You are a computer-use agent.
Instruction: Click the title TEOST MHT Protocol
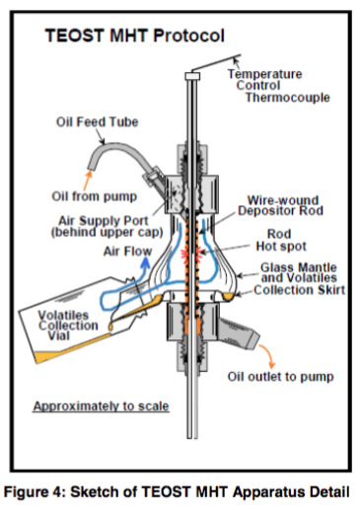(x=134, y=36)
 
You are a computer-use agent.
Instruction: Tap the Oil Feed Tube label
(x=97, y=122)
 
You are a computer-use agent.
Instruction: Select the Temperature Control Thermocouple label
(x=278, y=86)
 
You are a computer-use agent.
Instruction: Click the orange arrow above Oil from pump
(x=88, y=181)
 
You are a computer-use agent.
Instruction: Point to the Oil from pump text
(x=94, y=196)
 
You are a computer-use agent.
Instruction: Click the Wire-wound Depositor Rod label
(x=280, y=205)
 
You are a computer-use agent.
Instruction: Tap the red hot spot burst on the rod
(x=191, y=254)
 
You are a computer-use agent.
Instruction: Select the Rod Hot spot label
(x=281, y=240)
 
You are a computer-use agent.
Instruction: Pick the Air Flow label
(x=127, y=252)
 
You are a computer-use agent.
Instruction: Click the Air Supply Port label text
(x=107, y=226)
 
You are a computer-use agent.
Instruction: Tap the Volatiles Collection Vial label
(x=68, y=326)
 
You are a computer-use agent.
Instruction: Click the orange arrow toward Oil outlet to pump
(x=268, y=356)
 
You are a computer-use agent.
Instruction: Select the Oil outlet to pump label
(x=280, y=377)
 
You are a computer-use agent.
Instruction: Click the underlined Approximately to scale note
(x=101, y=406)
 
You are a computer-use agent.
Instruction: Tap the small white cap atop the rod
(x=192, y=76)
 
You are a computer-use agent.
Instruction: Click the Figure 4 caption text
(x=177, y=492)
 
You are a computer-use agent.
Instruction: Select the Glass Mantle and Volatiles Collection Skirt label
(x=299, y=279)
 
